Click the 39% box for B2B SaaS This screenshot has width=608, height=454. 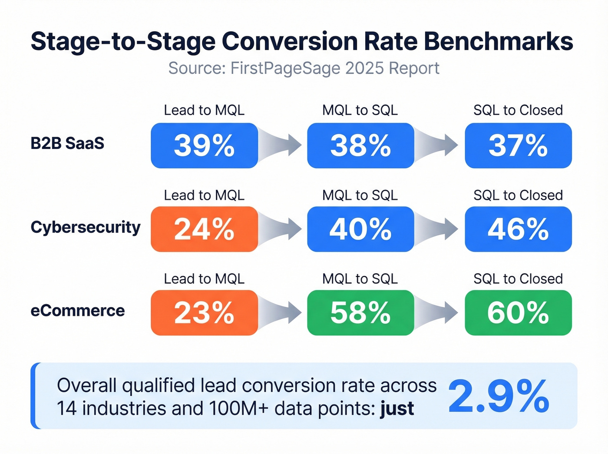(x=204, y=146)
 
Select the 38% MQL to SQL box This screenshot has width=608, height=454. (x=360, y=146)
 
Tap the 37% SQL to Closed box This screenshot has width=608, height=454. (x=518, y=146)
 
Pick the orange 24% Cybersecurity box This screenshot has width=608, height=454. (x=204, y=229)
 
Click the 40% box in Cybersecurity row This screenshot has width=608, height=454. (x=360, y=229)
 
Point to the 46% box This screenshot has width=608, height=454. (x=518, y=229)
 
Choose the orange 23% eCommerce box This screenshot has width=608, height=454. (x=204, y=313)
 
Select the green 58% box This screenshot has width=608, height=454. (x=360, y=313)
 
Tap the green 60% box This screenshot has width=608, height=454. (x=518, y=313)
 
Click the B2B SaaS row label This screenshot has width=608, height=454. (x=67, y=143)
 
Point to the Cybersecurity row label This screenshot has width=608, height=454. (x=86, y=227)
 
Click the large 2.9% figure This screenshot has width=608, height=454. (x=499, y=396)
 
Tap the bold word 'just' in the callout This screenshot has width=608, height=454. (x=397, y=409)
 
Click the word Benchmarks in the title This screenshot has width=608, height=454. (x=498, y=42)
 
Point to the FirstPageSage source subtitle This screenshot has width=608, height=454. (x=304, y=69)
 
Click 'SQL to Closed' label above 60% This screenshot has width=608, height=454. (x=518, y=279)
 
